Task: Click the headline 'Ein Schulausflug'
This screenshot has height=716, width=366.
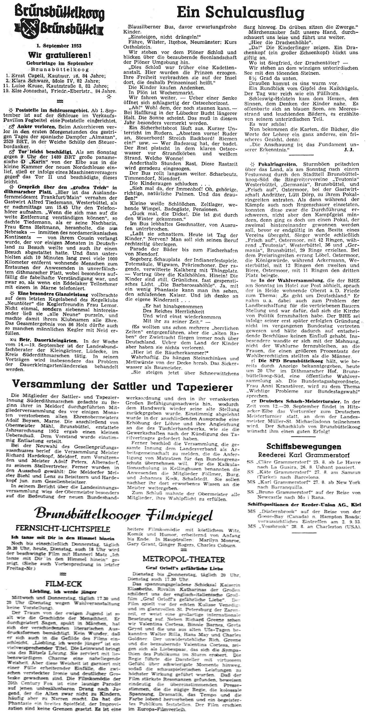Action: coord(241,12)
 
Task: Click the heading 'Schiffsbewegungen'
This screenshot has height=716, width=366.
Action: coord(304,447)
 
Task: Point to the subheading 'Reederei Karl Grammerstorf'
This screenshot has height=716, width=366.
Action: coord(304,455)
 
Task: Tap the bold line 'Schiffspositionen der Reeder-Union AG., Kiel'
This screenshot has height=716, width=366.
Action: coord(304,505)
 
